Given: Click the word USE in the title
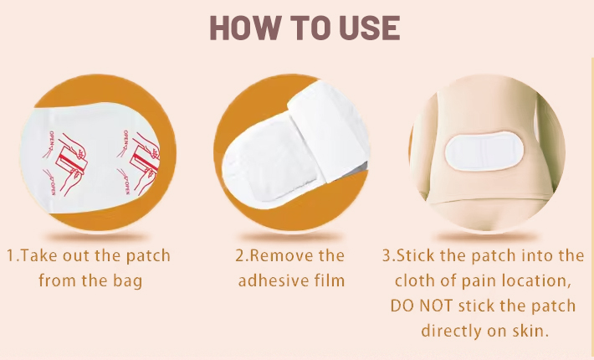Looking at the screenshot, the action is tap(370, 28).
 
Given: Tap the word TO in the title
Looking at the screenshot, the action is tap(310, 28).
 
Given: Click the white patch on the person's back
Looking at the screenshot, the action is tap(484, 152).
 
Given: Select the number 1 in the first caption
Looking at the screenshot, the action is tap(10, 256).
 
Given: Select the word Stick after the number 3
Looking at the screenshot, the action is tap(416, 256).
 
